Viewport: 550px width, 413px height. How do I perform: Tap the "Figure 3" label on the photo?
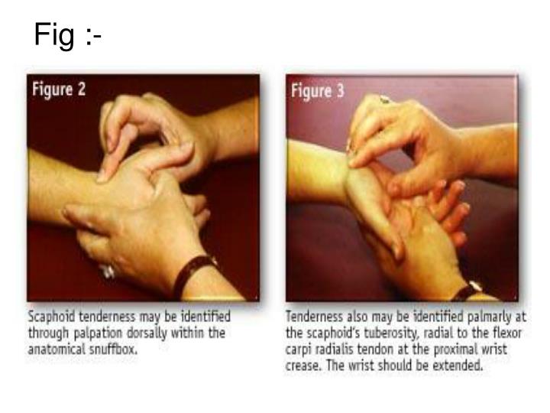(x=318, y=91)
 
